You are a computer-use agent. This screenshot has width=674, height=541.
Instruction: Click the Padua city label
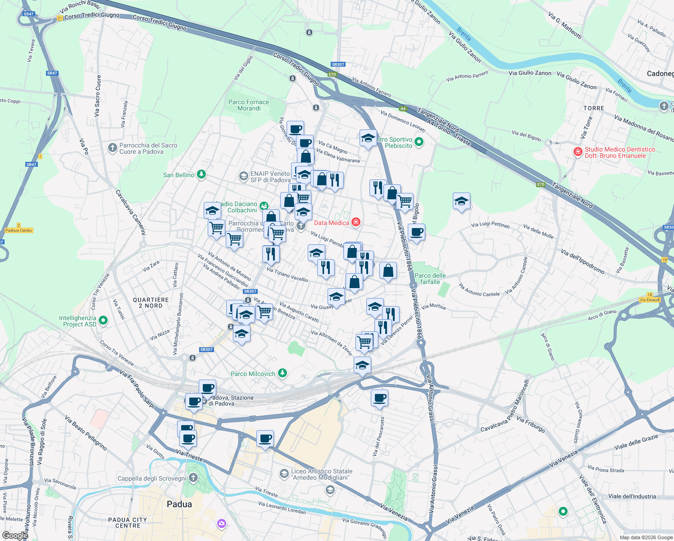click(x=179, y=504)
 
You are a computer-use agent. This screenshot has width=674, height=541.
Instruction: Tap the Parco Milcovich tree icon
click(x=282, y=373)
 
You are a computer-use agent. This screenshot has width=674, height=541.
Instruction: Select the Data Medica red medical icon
click(x=356, y=222)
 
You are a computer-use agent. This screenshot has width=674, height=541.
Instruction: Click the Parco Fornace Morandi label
click(x=249, y=105)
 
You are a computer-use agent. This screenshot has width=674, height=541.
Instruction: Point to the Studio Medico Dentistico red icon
click(x=578, y=152)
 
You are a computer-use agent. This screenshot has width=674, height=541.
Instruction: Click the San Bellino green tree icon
click(x=201, y=174)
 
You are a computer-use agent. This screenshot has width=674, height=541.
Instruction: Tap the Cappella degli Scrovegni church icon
click(x=193, y=478)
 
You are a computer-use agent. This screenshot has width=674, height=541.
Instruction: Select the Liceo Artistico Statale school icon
click(x=284, y=473)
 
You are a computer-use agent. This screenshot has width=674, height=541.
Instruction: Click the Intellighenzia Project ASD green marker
click(x=103, y=321)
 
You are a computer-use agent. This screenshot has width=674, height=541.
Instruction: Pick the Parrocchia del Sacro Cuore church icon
click(x=113, y=148)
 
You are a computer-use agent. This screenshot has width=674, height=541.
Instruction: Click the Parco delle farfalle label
click(x=430, y=279)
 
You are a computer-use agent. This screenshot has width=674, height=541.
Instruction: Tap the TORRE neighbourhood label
click(x=593, y=108)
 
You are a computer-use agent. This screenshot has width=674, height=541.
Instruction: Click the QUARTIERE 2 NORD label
click(x=151, y=303)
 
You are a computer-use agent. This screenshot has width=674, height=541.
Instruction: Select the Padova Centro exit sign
click(x=19, y=230)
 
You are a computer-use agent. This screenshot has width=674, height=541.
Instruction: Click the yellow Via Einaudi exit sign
click(x=649, y=299)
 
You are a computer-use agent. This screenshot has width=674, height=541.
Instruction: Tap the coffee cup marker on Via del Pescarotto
click(x=379, y=398)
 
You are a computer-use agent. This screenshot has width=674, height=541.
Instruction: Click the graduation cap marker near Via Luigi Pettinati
click(x=461, y=202)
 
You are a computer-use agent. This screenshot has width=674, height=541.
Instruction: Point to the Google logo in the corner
click(x=15, y=535)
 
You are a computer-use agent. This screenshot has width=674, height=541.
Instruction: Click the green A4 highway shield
click(x=403, y=109)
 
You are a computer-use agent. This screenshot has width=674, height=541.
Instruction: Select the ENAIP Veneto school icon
click(x=243, y=176)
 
